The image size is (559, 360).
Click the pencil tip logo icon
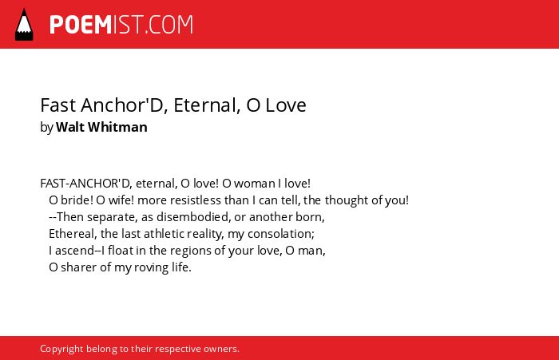point(24,25)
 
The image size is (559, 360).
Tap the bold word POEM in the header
point(81,25)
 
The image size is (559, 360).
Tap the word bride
point(77,200)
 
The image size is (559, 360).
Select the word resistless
point(196,200)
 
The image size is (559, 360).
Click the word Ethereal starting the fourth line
point(73,234)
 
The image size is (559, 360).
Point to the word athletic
point(163,234)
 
